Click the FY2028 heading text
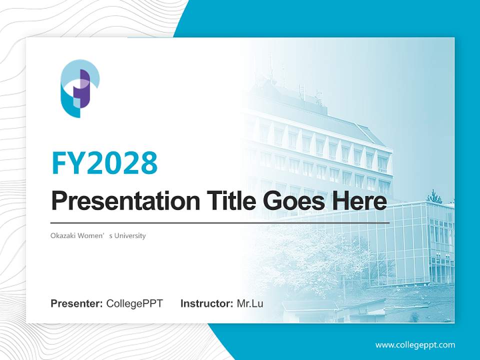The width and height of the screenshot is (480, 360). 104,162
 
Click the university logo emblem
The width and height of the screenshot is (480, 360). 79,88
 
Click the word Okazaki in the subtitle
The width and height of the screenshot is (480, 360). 62,235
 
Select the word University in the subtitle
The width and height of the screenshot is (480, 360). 130,235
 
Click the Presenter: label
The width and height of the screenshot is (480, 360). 77,303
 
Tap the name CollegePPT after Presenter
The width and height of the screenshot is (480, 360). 134,303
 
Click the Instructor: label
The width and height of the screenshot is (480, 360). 206,303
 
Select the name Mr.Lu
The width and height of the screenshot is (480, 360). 250,303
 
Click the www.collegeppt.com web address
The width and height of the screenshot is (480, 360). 415,345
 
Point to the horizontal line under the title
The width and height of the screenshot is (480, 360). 220,222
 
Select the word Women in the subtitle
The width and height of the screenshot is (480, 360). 92,235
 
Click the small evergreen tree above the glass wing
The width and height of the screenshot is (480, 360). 434,196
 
